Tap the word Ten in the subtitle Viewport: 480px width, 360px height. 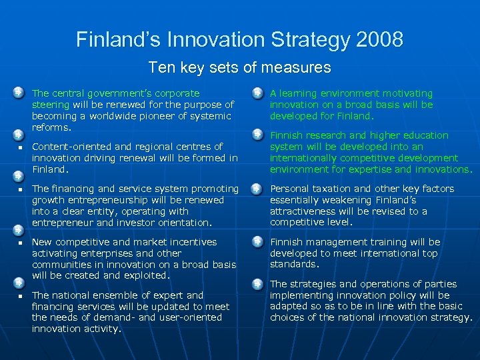(x=160, y=67)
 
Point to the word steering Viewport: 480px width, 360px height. (x=51, y=105)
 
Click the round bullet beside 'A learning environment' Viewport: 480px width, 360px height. (x=257, y=93)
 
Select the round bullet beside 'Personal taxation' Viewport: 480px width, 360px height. (x=257, y=189)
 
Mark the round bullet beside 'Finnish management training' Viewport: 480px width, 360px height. (x=257, y=242)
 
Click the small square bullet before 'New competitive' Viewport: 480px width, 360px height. (x=21, y=243)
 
